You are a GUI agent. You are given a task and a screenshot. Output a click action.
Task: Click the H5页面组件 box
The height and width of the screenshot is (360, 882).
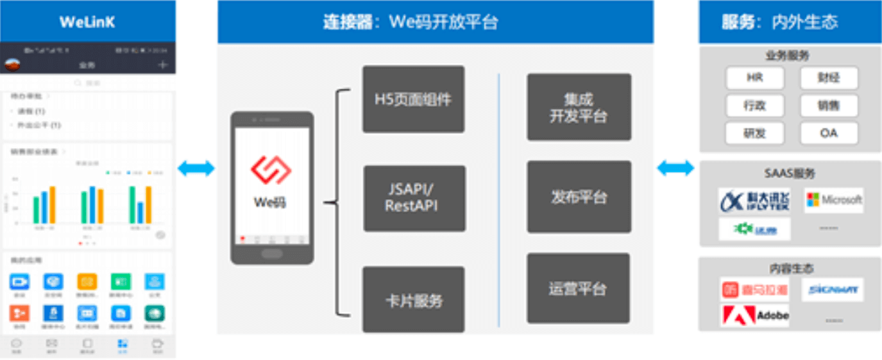413,99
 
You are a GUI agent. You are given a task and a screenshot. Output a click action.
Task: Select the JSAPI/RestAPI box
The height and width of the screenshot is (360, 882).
414,198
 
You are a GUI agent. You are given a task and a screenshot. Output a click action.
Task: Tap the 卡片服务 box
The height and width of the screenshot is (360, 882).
413,300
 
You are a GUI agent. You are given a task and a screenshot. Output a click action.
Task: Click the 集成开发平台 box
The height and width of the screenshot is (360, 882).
579,107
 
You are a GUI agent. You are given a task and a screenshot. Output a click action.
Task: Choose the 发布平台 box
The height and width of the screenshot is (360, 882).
579,196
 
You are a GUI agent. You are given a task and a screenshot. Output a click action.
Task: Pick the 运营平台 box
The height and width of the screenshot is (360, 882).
577,288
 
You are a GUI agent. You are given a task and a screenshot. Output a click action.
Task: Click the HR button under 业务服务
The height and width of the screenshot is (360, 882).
754,78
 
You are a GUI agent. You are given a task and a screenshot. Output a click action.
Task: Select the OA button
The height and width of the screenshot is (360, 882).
829,133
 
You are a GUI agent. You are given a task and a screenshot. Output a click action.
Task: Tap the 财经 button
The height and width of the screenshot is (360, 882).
829,78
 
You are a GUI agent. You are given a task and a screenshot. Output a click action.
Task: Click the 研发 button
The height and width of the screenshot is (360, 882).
754,133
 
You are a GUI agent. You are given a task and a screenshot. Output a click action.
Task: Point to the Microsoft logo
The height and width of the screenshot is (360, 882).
833,200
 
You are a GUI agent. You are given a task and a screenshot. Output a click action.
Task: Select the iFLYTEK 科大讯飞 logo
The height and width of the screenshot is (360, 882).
754,200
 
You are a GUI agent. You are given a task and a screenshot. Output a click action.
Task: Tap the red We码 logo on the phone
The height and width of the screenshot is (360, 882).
271,169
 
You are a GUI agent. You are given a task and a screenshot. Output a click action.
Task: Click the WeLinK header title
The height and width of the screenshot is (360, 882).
87,22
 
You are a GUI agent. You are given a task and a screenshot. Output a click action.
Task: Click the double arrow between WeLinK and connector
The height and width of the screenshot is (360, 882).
196,169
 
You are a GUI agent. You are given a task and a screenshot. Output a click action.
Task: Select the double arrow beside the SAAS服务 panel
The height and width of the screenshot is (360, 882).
675,168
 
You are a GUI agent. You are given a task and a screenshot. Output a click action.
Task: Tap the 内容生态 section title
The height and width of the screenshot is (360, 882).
791,269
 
